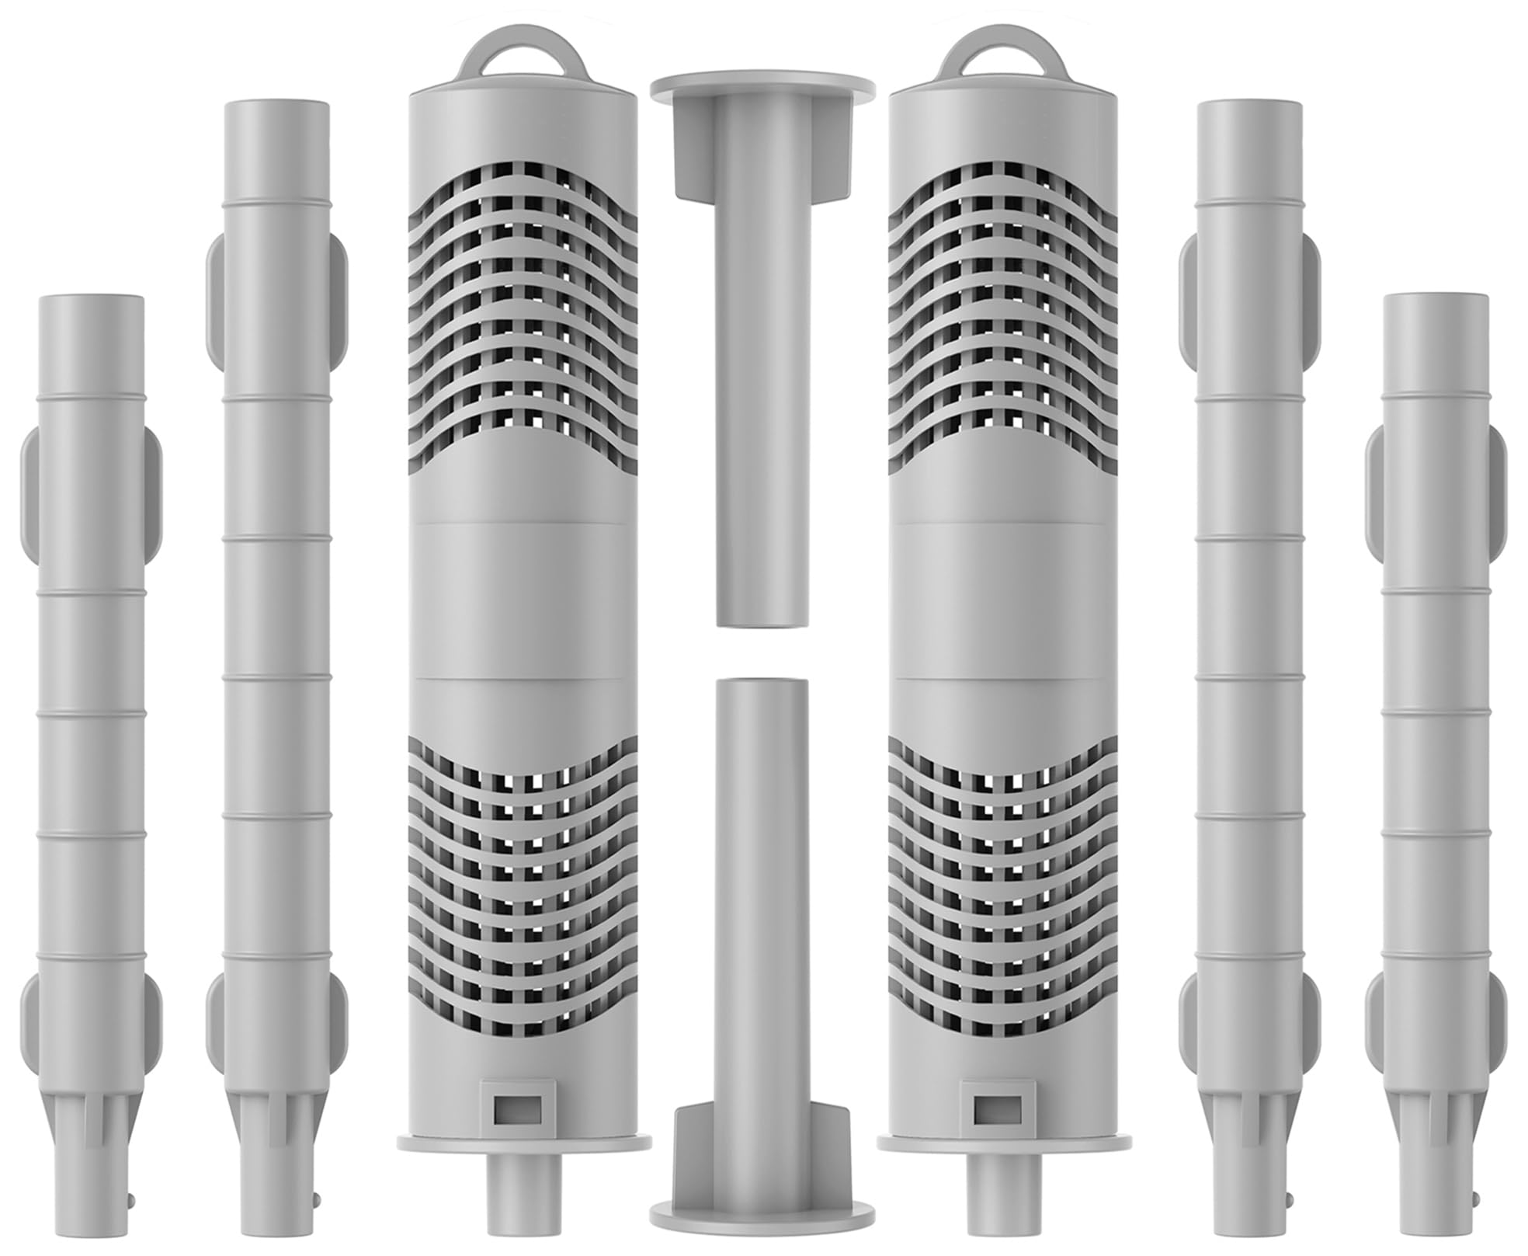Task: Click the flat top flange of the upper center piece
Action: coord(762,85)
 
